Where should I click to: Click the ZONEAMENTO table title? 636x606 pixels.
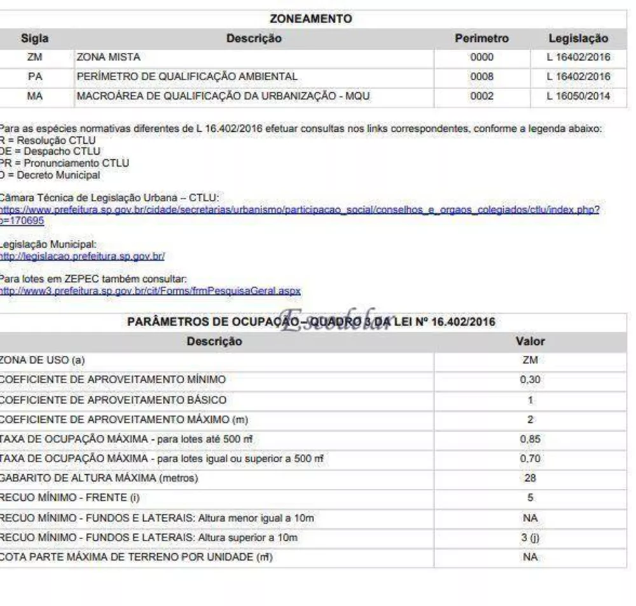point(310,19)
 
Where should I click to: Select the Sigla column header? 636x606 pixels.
point(34,39)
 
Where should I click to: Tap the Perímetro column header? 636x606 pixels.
point(481,39)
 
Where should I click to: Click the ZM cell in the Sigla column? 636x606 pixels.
point(34,57)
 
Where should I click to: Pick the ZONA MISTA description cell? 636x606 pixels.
point(108,57)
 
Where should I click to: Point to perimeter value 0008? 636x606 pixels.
point(481,77)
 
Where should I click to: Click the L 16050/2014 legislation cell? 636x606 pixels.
point(578,97)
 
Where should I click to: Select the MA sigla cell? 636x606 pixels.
point(34,97)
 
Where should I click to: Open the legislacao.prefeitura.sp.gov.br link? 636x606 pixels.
point(82,257)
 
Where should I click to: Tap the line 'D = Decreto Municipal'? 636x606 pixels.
point(51,175)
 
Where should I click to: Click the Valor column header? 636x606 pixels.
point(530,341)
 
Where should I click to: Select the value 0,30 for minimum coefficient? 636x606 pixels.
point(530,380)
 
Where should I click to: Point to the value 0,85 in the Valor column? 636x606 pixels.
point(530,439)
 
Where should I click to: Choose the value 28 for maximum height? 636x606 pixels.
point(530,478)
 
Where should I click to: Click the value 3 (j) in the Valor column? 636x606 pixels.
point(530,537)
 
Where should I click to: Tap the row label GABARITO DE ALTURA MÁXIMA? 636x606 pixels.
point(99,478)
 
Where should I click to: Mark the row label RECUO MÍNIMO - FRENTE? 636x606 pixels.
point(70,498)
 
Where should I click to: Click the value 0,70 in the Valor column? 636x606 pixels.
point(530,458)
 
